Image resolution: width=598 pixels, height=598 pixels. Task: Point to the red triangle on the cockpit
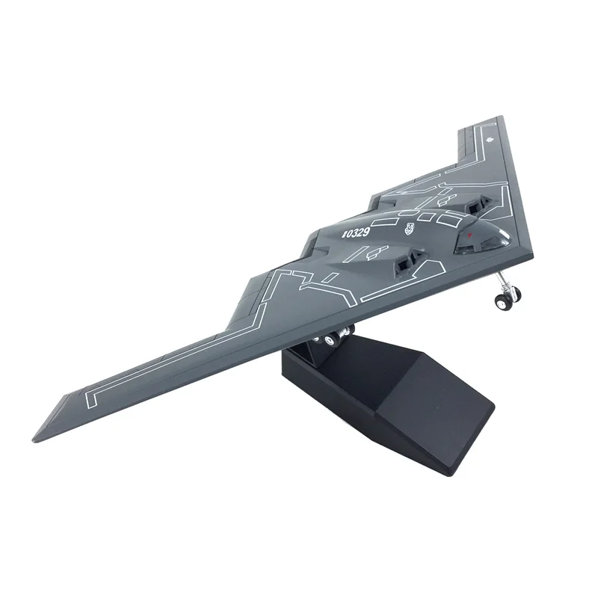(469, 237)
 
